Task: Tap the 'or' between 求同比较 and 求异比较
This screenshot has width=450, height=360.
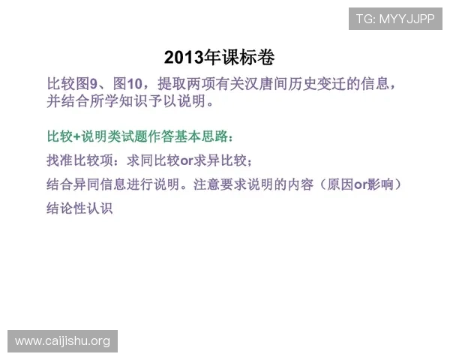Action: [x=187, y=161]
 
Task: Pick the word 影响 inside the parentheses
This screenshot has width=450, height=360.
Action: [x=382, y=184]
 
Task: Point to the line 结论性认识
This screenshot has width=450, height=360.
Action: [x=79, y=208]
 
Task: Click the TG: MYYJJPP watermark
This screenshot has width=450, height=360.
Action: [x=395, y=18]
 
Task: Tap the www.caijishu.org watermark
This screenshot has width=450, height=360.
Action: [x=63, y=341]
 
